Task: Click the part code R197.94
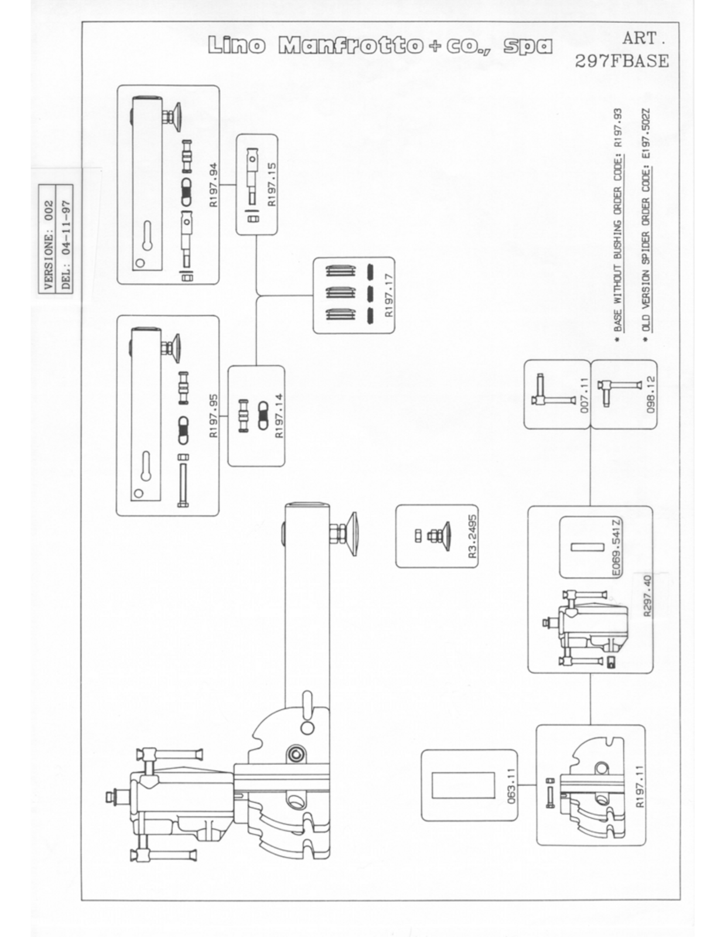tap(214, 184)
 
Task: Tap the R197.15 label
tap(272, 184)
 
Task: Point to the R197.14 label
tap(280, 416)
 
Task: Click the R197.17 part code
tap(389, 296)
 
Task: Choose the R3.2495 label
tap(473, 535)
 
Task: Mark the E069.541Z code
tap(617, 548)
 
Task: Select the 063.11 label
tap(511, 785)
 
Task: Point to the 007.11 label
tap(584, 395)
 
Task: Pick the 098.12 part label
tap(651, 395)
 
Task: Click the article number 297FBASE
tap(622, 61)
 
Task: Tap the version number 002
tap(49, 210)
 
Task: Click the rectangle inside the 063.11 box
tap(463, 785)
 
